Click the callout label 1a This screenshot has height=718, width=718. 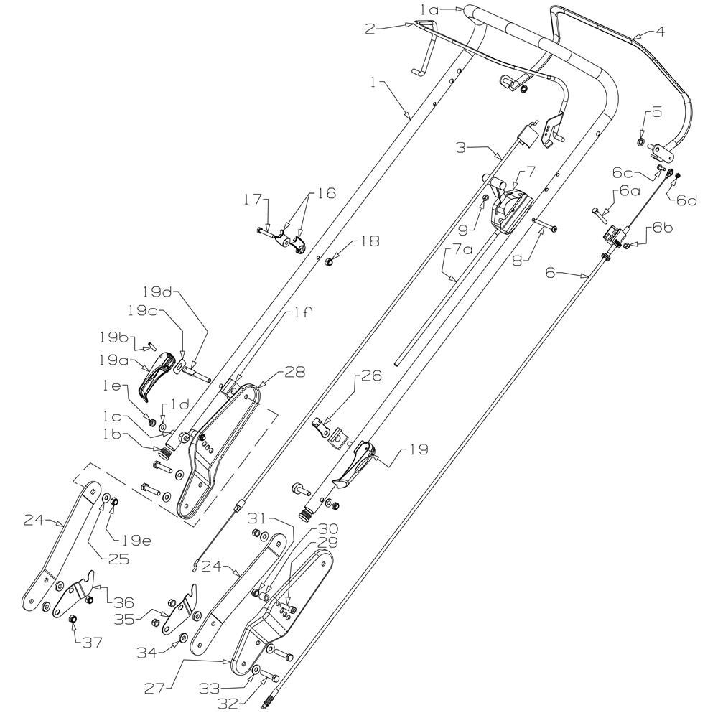[429, 9]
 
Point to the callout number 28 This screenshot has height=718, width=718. [294, 372]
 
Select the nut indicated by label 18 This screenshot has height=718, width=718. [328, 262]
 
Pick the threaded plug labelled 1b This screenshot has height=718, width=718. [165, 454]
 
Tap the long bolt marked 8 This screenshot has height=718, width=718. [545, 224]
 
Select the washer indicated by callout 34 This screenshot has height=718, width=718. [184, 638]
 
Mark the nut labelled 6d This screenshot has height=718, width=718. [678, 175]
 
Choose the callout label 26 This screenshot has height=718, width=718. [371, 376]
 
